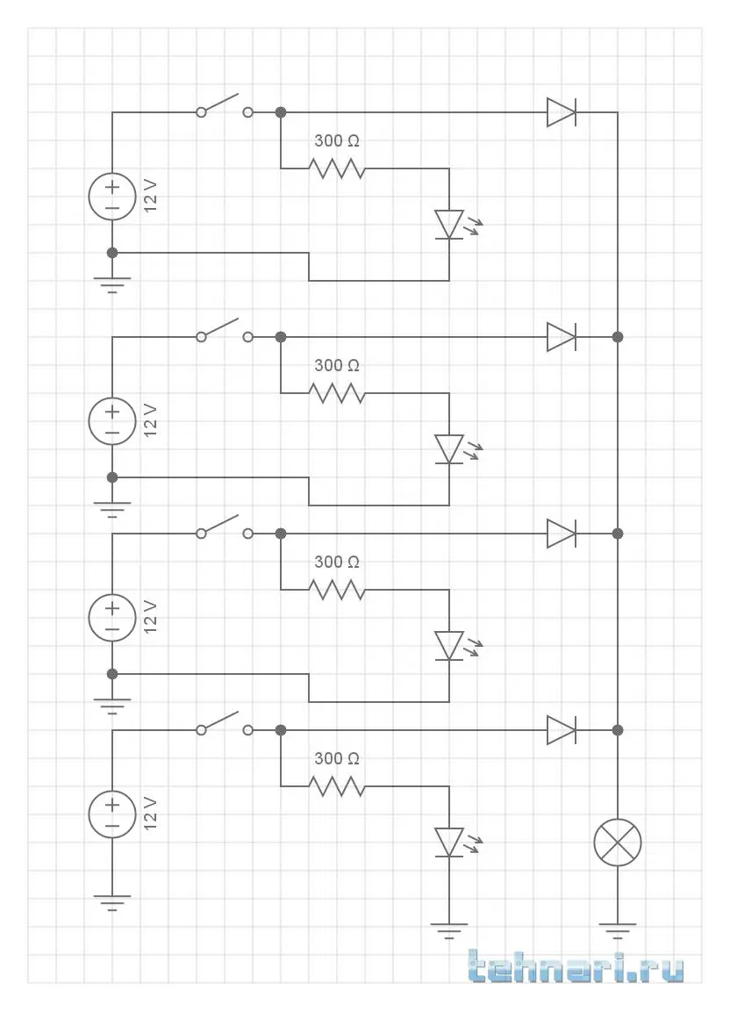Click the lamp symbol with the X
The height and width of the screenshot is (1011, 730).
point(618,842)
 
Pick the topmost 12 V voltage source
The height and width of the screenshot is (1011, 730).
point(112,197)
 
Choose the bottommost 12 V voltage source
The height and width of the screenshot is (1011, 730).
point(112,814)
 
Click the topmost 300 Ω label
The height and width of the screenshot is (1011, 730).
point(337,140)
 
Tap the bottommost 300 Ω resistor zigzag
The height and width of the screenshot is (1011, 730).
point(337,786)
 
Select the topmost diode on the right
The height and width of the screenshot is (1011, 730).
point(561,112)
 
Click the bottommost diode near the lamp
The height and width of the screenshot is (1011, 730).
point(561,730)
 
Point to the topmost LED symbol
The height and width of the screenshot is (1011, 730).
point(449,224)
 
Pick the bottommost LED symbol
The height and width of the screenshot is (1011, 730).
point(449,842)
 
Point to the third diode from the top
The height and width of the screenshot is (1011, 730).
point(561,534)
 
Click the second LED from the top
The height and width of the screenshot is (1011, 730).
point(449,448)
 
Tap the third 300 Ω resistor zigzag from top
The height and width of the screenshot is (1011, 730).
point(337,590)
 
